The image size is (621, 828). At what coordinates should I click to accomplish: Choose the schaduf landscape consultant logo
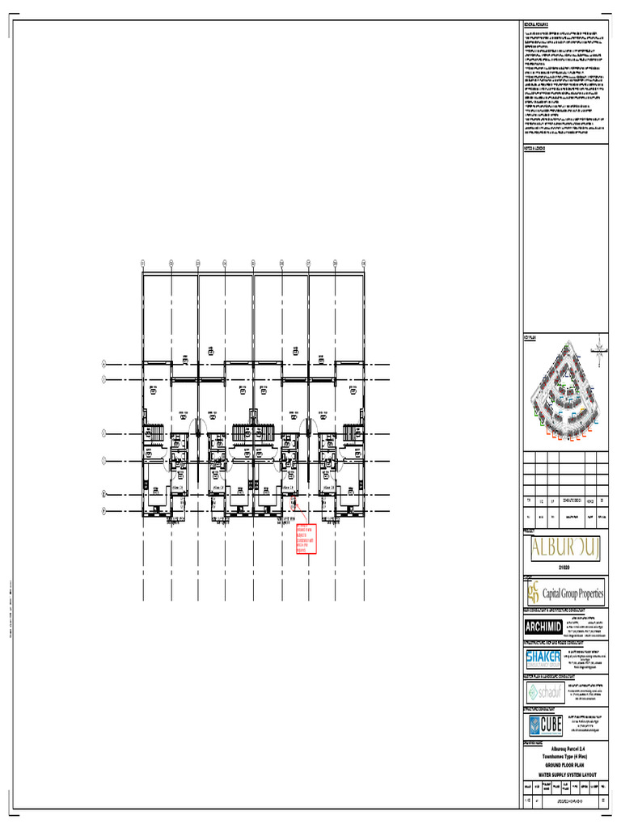(543, 693)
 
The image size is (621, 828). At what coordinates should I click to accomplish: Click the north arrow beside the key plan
(598, 347)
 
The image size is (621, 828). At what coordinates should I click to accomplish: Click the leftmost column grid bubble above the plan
(143, 263)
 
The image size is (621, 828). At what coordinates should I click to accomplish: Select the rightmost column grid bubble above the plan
(364, 263)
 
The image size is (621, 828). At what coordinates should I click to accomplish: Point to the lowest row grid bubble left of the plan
(103, 510)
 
